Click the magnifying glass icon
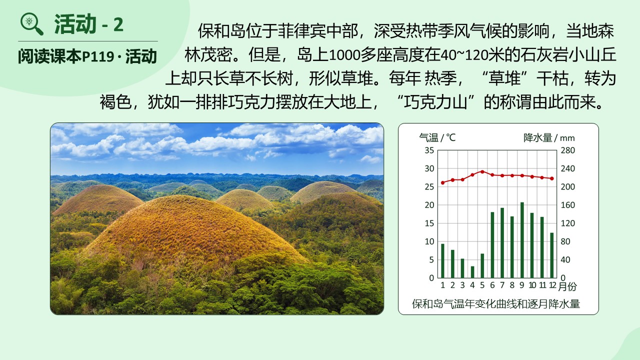pos(31,24)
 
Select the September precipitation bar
pos(522,240)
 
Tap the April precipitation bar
pos(472,272)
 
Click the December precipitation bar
pos(551,255)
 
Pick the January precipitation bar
pos(442,261)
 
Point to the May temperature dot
pos(482,171)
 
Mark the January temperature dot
pos(442,182)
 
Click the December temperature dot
pos(551,178)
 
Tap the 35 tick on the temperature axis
pos(429,150)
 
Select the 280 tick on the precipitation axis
pos(567,150)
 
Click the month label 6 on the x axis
pos(492,285)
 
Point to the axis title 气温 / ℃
pos(437,137)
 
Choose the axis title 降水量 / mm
pos(549,137)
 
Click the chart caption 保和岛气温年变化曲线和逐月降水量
pos(495,303)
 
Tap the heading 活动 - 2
pos(89,24)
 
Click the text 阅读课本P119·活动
pos(87,56)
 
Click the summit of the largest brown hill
pos(183,196)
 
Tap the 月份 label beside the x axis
pos(567,286)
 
